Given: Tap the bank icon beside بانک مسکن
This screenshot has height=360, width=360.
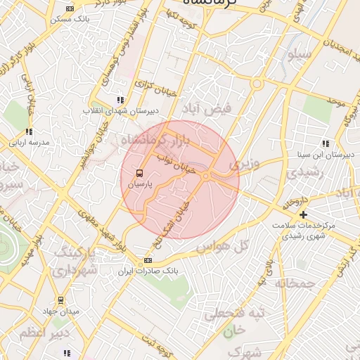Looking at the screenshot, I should [x=68, y=8].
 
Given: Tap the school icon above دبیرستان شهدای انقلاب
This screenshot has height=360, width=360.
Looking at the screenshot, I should [x=120, y=101].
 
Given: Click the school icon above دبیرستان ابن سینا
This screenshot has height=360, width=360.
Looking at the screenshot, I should [x=325, y=143].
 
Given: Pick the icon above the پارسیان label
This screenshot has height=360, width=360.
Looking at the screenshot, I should [x=139, y=173].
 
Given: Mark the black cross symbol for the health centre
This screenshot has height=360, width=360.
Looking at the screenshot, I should [x=304, y=214].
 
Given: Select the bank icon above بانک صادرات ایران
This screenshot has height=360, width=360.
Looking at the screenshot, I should [x=148, y=260].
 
